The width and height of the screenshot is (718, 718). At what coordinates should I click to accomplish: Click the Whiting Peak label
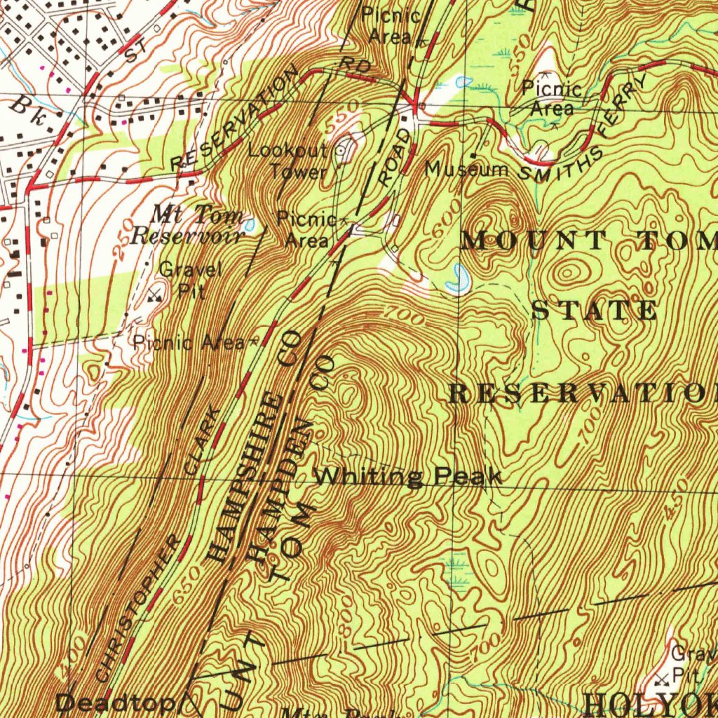(407, 477)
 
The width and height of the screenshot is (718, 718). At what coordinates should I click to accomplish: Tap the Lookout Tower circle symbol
(342, 149)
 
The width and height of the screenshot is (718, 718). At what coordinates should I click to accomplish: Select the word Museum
(467, 170)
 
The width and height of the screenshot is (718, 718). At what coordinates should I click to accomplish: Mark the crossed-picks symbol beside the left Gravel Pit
(155, 295)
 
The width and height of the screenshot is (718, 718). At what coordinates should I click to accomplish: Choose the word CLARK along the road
(202, 441)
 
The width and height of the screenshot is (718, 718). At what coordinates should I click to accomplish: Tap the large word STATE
(595, 311)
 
